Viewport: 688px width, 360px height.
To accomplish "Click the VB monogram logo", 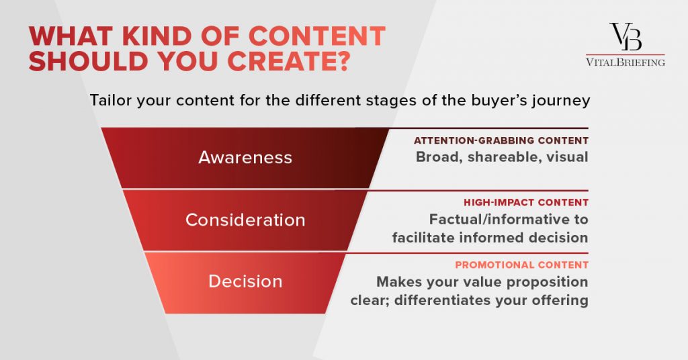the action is click(x=626, y=36).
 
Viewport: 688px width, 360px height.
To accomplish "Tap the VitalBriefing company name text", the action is click(x=626, y=62).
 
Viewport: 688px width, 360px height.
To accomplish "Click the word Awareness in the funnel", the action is click(x=245, y=157).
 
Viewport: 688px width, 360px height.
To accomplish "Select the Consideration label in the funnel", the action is click(x=245, y=220).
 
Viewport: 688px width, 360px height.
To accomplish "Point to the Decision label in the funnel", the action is click(x=245, y=281).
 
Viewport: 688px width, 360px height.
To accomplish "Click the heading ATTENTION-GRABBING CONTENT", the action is click(x=501, y=140).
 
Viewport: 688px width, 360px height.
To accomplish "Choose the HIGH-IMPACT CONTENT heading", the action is click(x=526, y=202).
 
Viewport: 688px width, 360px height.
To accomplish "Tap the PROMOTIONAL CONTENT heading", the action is click(x=521, y=265).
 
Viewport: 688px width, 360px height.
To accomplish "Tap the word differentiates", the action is click(x=442, y=300).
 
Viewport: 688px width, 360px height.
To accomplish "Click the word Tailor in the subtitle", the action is click(x=111, y=100).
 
